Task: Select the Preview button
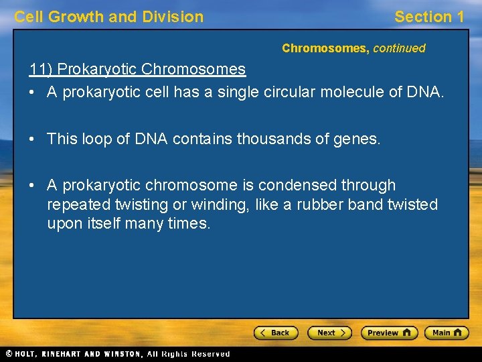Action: pos(389,333)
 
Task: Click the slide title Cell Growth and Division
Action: pos(109,17)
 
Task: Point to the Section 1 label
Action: pos(429,17)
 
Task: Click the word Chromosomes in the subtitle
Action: pos(325,48)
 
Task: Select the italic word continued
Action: pos(399,48)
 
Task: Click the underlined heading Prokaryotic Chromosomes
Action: pos(151,69)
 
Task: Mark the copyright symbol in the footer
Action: pos(9,353)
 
